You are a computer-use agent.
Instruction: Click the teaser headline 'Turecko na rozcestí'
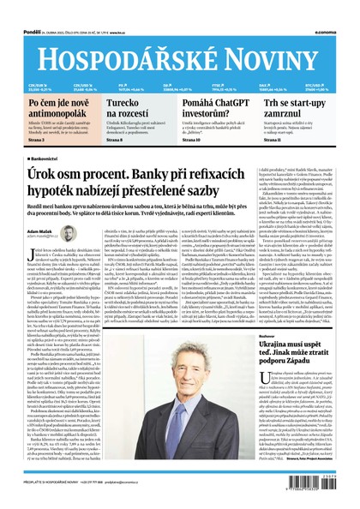pos(129,108)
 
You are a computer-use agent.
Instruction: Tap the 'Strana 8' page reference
pos(116,139)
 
